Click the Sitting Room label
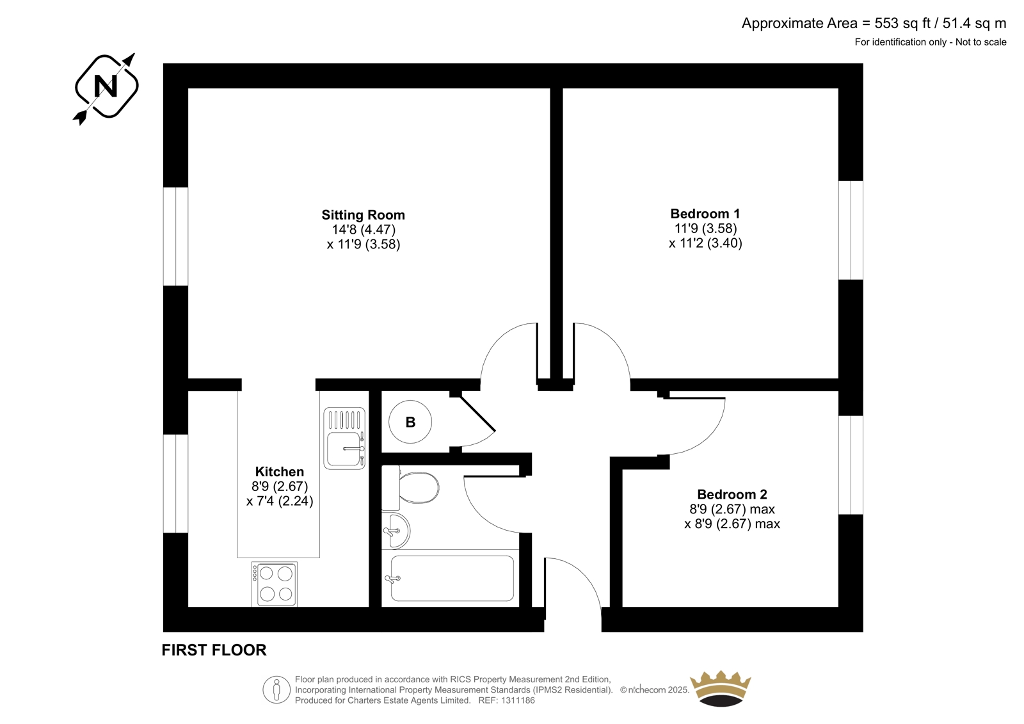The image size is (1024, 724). pos(363,215)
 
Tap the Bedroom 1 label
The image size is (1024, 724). pos(705,214)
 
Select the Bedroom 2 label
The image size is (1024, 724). pos(732,494)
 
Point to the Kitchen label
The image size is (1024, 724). pos(279,472)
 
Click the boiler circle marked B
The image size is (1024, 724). pos(410,422)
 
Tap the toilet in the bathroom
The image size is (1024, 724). pos(410,488)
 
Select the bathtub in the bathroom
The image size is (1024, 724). pos(452,579)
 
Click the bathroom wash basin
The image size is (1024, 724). pos(396,531)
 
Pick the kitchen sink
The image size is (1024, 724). pos(344,438)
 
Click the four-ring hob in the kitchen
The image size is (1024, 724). pos(275,584)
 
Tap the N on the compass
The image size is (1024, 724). pos(106,86)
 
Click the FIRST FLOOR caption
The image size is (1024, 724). pos(214,650)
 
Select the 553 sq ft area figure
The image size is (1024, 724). pos(902,23)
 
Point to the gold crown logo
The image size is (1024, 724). pos(721,688)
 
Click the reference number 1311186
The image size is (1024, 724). pos(518,700)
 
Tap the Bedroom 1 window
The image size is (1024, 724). pos(851,230)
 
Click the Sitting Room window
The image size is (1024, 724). pos(175,236)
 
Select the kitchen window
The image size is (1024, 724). pos(175,483)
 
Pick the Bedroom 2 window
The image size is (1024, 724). pos(851,465)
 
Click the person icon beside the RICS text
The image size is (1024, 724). pos(276,689)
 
